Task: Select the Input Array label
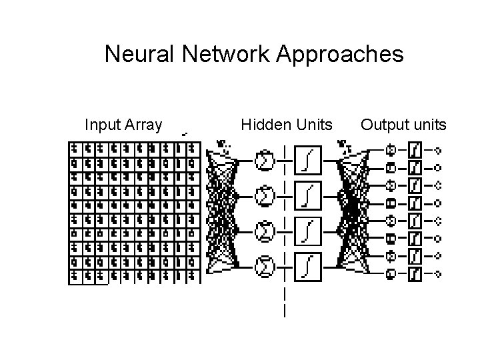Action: tap(123, 125)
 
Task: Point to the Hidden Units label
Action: tap(287, 125)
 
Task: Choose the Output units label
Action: tap(403, 125)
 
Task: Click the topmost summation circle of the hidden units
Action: tap(265, 160)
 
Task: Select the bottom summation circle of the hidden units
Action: tap(265, 267)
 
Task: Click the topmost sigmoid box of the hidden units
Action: tap(309, 160)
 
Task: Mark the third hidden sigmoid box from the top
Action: tap(309, 231)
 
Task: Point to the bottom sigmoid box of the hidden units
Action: tap(309, 267)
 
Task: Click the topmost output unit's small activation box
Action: tap(415, 149)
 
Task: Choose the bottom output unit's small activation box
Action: tap(415, 273)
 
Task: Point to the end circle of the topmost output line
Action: tap(439, 149)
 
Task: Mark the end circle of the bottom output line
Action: tap(439, 273)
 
